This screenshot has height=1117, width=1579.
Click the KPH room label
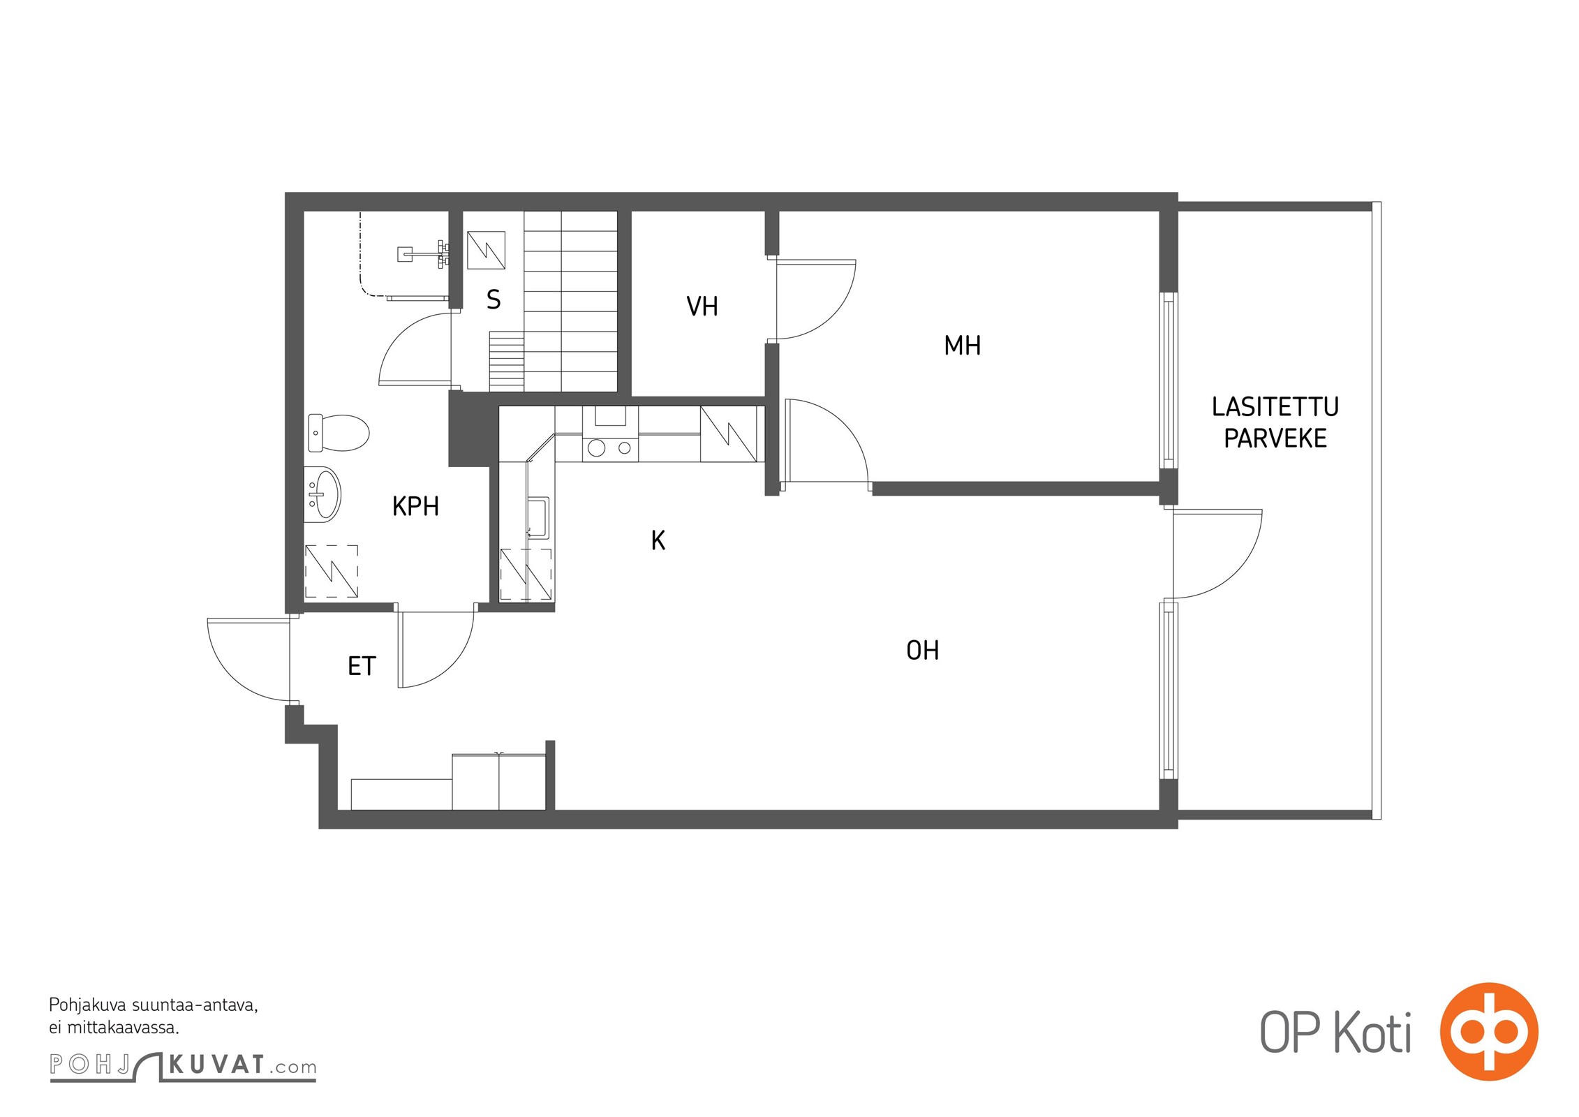pos(415,506)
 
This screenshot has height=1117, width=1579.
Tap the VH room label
pos(702,306)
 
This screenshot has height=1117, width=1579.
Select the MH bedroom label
pos(962,346)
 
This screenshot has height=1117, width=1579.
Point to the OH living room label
pos(922,651)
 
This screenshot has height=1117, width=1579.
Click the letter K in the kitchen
pos(658,540)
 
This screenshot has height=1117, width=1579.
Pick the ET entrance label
pos(362,666)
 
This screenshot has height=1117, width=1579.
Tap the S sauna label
pos(494,299)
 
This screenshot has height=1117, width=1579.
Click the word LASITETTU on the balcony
pos(1275,406)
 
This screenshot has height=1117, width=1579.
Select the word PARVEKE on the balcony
pos(1275,438)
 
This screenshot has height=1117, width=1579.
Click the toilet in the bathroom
pos(339,433)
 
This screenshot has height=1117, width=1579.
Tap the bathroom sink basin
pos(325,494)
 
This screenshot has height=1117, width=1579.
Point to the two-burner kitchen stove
pos(610,448)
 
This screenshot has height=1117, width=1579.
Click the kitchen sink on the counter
pos(538,517)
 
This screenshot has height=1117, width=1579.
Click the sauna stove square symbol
pos(486,250)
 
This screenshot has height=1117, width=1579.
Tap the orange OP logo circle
pos(1488,1030)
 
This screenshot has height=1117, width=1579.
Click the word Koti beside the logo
pos(1372,1032)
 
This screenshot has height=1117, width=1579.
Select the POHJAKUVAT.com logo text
pos(183,1065)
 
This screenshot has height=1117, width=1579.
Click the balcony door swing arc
pos(1236,574)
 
